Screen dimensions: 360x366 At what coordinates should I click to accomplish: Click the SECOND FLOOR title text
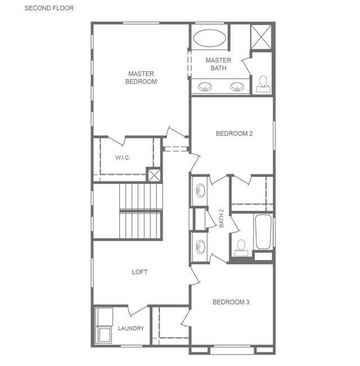49,8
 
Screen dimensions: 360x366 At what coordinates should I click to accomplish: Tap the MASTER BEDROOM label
141,78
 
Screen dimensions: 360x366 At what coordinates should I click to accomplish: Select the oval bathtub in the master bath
209,38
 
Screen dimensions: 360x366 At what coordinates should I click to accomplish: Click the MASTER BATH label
218,64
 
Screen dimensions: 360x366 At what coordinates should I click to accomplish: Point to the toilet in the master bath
263,84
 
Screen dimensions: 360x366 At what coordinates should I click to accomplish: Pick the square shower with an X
261,37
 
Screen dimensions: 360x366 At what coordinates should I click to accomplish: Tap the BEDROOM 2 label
234,133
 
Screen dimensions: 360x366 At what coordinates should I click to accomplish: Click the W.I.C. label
123,157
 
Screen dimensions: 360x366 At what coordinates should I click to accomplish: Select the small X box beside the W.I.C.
154,175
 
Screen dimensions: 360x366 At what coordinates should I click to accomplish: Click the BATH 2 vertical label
221,218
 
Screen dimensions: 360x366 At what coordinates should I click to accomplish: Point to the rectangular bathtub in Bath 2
263,232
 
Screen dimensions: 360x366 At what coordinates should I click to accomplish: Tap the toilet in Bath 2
241,248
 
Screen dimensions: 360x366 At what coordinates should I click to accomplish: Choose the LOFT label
139,272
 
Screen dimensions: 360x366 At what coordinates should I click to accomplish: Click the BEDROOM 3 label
231,302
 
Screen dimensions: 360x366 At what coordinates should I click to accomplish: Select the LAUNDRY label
131,328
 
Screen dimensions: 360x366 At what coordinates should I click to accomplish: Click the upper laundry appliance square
104,317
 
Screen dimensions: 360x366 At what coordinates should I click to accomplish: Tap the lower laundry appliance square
104,335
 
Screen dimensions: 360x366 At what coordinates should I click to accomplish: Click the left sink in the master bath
205,87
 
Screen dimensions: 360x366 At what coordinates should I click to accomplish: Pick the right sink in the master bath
237,87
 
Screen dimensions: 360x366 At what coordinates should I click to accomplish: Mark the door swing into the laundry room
138,311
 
